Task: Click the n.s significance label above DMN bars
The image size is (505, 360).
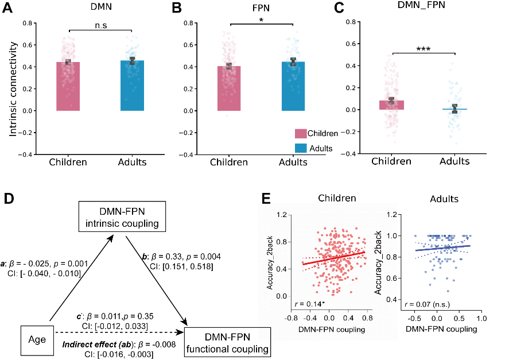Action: [x=100, y=24]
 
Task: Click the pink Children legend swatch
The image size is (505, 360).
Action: [x=301, y=134]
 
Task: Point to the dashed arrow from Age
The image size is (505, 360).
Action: [x=115, y=332]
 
